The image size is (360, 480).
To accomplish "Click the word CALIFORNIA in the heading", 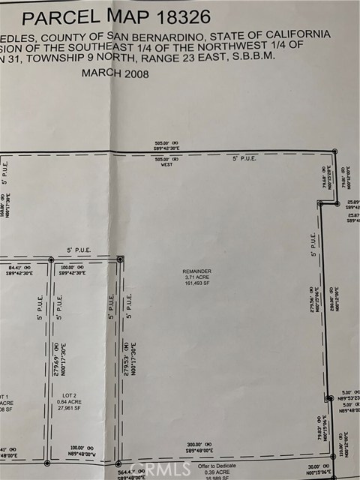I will pyautogui.click(x=298, y=35).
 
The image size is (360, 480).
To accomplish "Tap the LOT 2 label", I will pyautogui.click(x=70, y=394).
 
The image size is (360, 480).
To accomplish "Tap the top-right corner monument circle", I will pyautogui.click(x=334, y=151).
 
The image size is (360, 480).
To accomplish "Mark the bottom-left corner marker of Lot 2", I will pyautogui.click(x=47, y=461).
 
